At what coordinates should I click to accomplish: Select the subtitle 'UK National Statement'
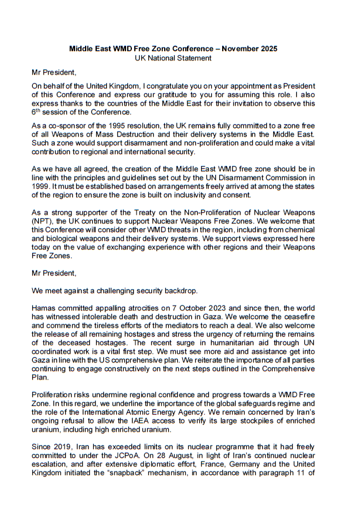tap(174, 58)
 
